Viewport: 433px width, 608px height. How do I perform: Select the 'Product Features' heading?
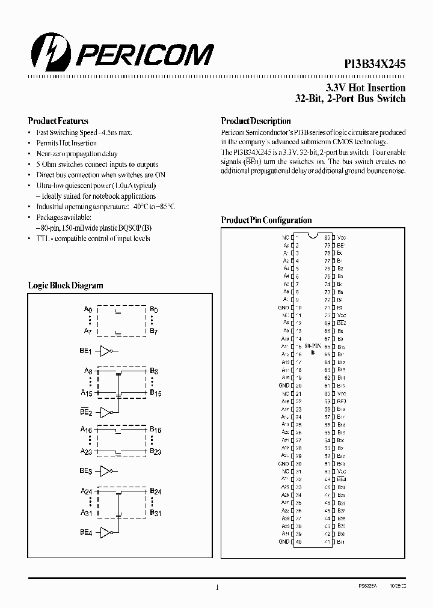pyautogui.click(x=58, y=121)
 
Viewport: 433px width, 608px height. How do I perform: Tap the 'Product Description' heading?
pyautogui.click(x=256, y=121)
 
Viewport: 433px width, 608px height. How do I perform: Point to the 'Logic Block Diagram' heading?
pyautogui.click(x=66, y=286)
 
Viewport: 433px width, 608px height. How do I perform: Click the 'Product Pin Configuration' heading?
pyautogui.click(x=266, y=220)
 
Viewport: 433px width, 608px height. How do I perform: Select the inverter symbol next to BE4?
pyautogui.click(x=106, y=532)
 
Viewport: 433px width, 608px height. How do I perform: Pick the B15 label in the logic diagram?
pyautogui.click(x=156, y=393)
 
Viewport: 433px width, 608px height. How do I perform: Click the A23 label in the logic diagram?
pyautogui.click(x=87, y=451)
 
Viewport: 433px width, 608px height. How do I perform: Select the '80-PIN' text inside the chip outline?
pyautogui.click(x=312, y=347)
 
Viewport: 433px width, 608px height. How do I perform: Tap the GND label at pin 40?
pyautogui.click(x=284, y=541)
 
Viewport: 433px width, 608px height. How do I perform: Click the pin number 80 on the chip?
pyautogui.click(x=327, y=237)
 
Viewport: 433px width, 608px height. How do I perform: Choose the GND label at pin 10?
pyautogui.click(x=284, y=308)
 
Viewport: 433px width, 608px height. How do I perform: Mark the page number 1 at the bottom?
pyautogui.click(x=216, y=588)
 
